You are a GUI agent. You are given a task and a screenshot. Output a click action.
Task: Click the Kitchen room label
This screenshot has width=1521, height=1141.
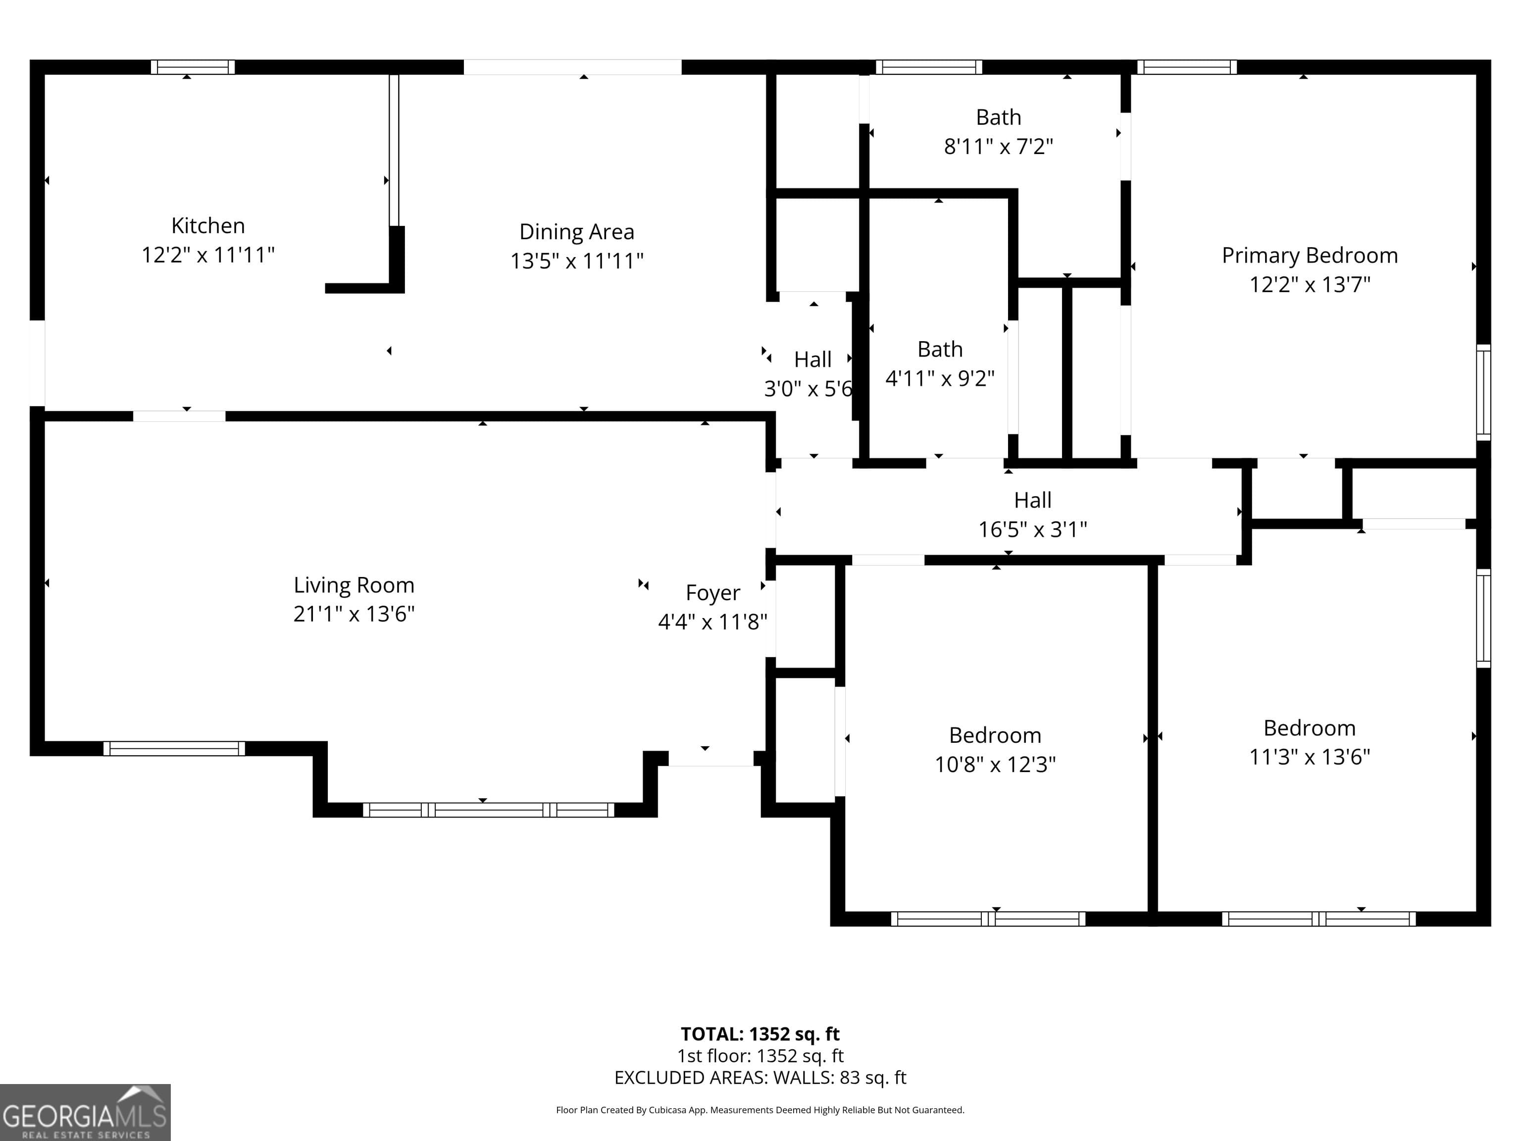point(207,226)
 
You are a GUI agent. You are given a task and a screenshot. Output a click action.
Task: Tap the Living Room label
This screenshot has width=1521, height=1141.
point(354,585)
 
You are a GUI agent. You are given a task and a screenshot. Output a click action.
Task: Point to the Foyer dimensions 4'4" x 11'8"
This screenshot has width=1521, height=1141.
point(712,622)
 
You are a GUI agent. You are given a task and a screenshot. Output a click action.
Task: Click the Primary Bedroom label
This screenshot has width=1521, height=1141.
point(1309,255)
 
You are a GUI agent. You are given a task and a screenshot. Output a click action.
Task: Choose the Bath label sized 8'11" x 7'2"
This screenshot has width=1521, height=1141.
point(999,117)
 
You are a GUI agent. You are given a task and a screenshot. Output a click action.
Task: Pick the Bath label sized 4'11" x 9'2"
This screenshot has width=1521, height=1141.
point(939,350)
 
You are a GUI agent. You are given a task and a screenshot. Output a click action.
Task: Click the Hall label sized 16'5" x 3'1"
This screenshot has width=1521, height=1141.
point(1032,500)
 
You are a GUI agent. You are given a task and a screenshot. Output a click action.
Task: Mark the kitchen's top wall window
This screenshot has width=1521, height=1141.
point(193,67)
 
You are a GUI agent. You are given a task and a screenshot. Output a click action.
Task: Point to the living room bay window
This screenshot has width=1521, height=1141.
point(488,810)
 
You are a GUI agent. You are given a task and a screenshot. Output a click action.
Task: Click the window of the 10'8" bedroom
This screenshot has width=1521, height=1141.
point(988,919)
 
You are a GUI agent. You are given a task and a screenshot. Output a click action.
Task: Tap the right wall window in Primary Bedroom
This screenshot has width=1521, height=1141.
point(1483,392)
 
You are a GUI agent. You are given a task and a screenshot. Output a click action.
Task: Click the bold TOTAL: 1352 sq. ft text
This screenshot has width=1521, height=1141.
point(760,1034)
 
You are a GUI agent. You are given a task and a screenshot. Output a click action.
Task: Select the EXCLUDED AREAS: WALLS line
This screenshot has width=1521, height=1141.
point(760,1078)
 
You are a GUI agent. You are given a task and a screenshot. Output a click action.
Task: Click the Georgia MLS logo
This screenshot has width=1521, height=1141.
point(85,1112)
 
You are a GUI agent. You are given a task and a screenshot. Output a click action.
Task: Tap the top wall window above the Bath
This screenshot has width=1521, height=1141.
point(928,67)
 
